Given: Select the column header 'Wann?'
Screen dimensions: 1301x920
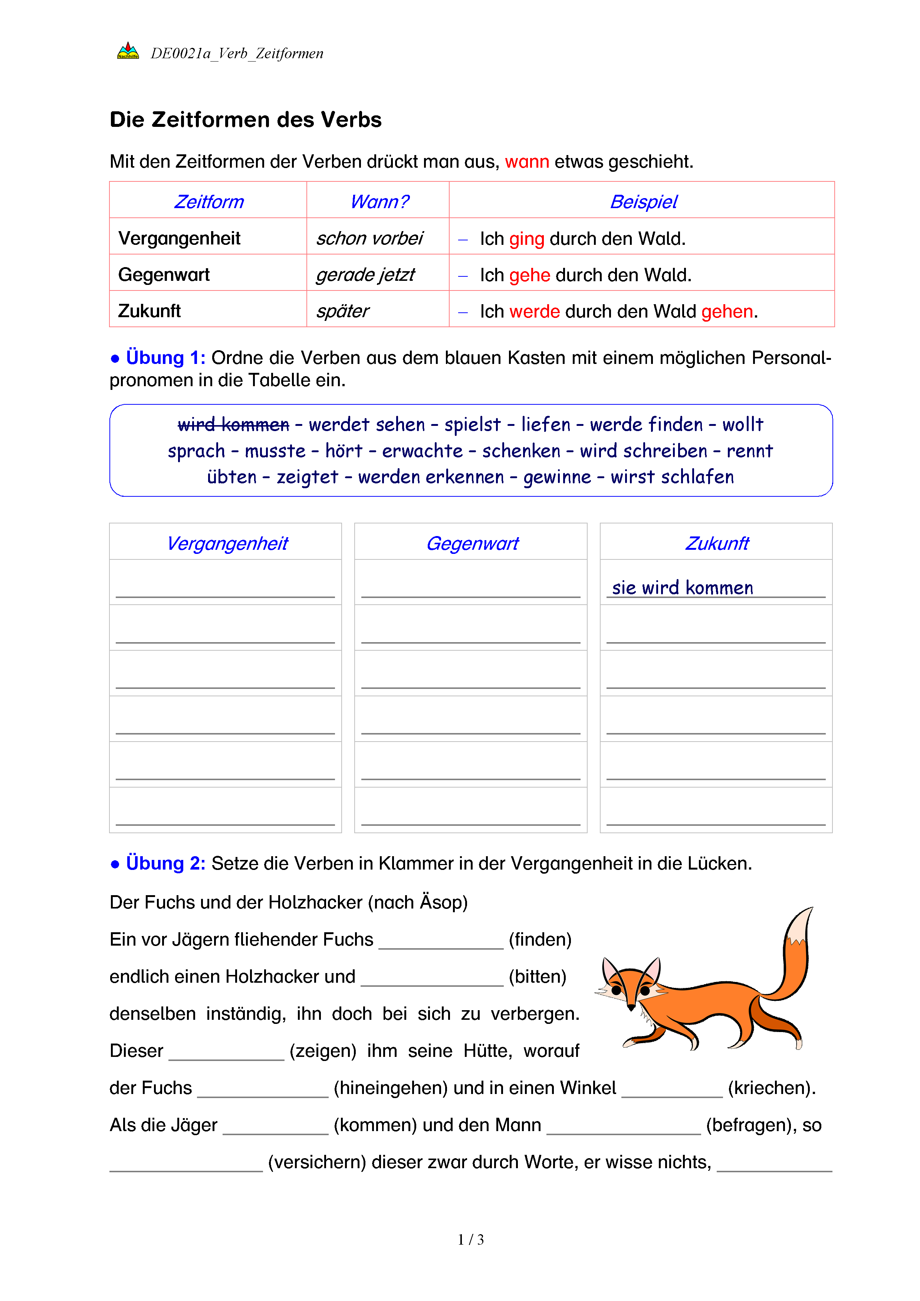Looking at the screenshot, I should (379, 202).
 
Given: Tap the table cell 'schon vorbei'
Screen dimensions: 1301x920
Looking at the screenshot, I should (369, 239).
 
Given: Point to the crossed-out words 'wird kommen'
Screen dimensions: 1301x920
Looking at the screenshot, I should (233, 424).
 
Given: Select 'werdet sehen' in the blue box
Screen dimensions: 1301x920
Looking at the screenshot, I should (367, 424).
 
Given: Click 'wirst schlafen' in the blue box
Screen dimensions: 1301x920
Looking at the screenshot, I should (672, 477).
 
